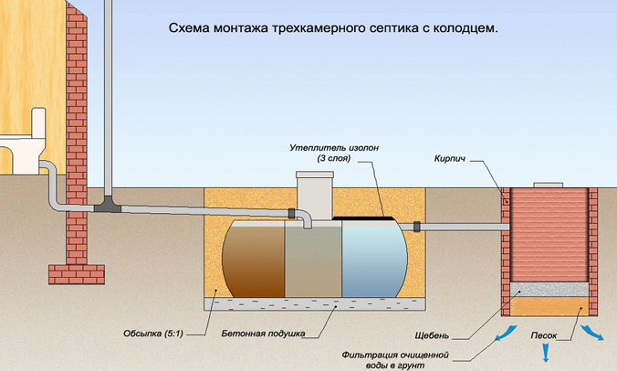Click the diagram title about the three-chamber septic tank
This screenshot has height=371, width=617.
(x=333, y=28)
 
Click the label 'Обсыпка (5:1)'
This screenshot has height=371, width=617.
(x=154, y=332)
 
